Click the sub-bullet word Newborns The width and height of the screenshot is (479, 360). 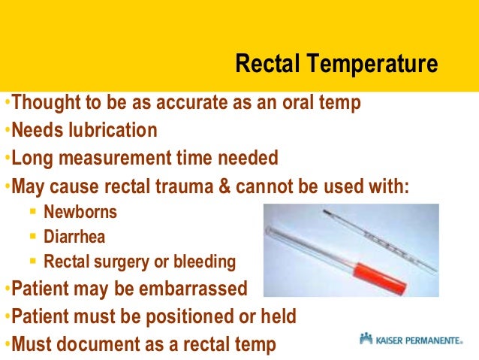80,212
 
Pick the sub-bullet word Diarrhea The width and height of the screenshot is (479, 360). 74,237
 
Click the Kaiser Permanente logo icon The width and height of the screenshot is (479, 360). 366,339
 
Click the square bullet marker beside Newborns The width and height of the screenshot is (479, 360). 32,213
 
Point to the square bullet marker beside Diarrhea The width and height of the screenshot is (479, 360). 32,237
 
